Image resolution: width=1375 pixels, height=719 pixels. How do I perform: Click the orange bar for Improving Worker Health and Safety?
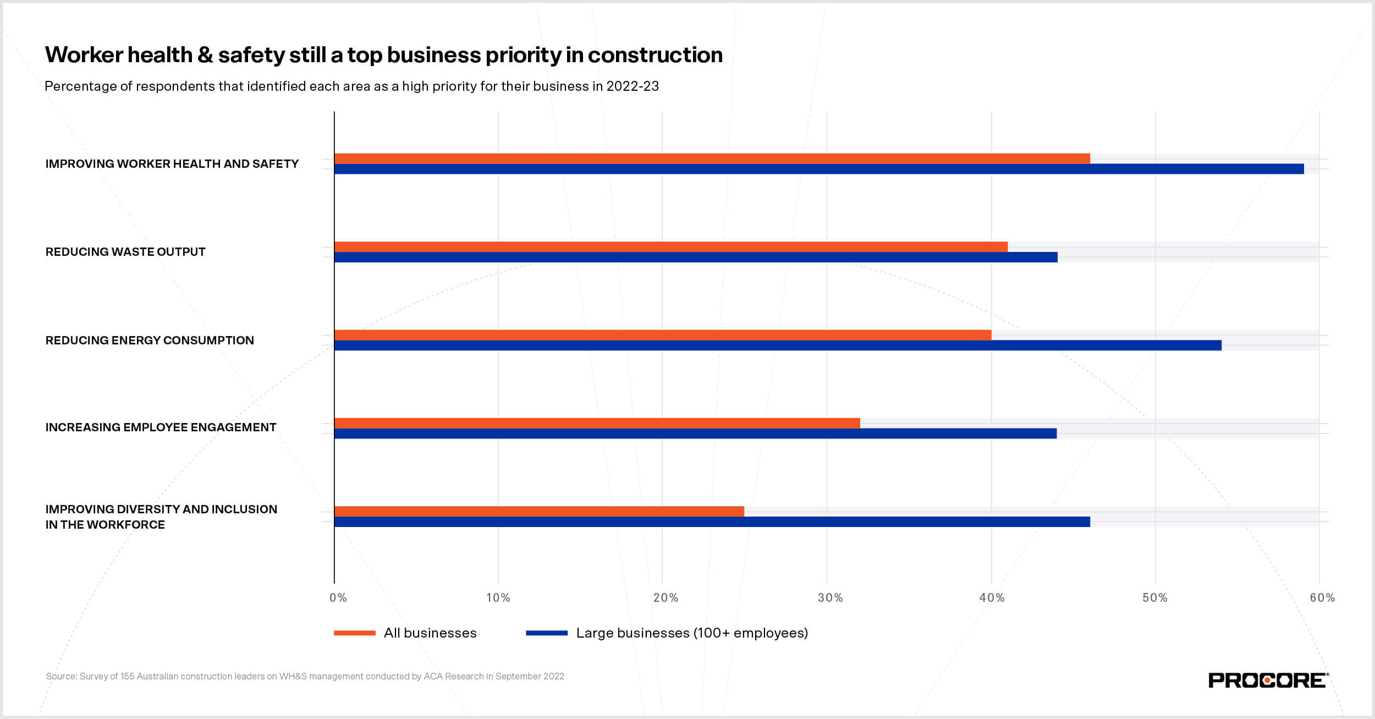tap(712, 158)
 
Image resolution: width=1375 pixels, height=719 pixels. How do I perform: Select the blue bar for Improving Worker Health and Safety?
tap(818, 169)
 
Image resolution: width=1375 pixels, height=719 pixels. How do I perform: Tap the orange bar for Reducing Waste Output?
tap(670, 246)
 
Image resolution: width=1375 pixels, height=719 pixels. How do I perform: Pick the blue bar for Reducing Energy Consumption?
tap(778, 345)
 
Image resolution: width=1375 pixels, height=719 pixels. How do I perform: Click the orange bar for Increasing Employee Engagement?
tap(597, 423)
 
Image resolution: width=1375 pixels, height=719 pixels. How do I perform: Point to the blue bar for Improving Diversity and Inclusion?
tap(712, 522)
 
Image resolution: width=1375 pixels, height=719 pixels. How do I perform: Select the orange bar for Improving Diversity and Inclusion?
tap(539, 511)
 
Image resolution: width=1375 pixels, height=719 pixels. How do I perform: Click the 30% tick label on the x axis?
tap(830, 598)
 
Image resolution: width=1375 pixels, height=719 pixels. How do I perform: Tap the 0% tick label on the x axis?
tap(338, 598)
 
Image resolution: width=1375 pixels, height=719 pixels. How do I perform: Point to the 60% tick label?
tap(1322, 598)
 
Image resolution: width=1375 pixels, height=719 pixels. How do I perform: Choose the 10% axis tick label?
tap(498, 598)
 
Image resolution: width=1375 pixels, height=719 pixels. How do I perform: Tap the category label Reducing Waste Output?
tap(125, 252)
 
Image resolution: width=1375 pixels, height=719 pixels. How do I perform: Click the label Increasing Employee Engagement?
tap(161, 427)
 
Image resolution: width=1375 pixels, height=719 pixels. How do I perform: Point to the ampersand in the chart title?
tap(205, 55)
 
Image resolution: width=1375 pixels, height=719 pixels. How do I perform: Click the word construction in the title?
tap(654, 55)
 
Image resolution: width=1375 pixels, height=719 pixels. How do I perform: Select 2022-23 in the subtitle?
tap(632, 86)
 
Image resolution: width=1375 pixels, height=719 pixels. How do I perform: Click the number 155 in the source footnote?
tap(128, 677)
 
